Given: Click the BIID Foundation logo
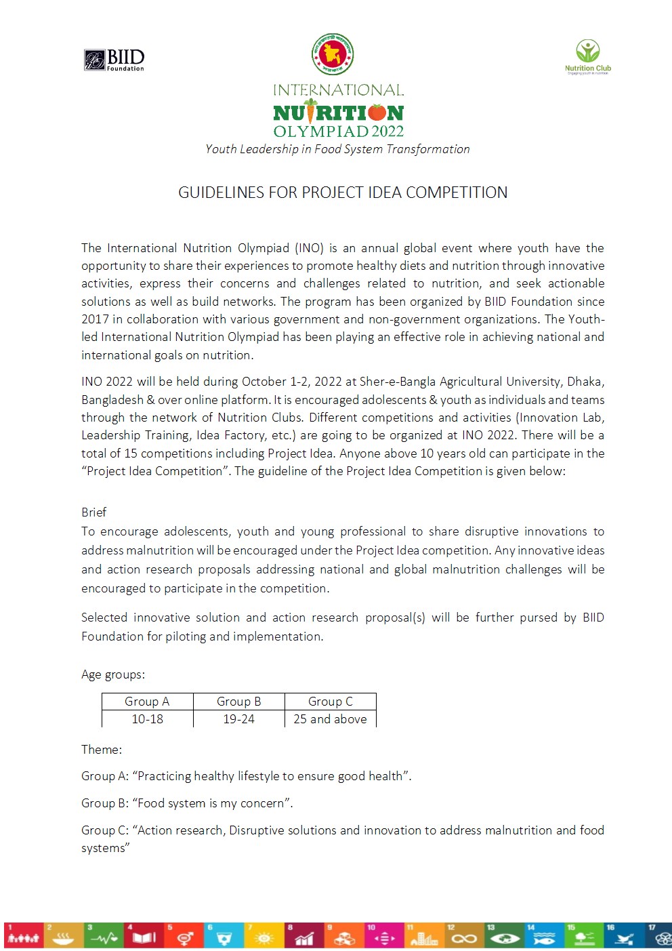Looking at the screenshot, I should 114,60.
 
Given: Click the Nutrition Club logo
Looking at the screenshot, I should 587,56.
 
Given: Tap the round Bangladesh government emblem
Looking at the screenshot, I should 333,54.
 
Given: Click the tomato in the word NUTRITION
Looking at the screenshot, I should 377,112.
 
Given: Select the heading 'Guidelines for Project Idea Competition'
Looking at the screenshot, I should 342,193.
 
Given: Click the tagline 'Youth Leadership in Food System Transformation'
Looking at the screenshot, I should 337,149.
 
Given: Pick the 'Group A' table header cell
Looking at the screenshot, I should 147,702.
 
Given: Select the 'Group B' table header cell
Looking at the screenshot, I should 238,702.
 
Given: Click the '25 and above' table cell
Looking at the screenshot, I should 330,719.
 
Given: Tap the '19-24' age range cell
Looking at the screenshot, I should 238,719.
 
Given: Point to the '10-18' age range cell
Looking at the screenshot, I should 147,719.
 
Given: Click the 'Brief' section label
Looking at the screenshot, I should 93,512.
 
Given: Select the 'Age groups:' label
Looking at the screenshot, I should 112,674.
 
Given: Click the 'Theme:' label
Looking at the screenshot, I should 102,750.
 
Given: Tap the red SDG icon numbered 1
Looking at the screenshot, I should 23,935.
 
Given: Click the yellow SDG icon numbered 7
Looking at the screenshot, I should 264,935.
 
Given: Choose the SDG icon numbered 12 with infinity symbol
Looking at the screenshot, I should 464,935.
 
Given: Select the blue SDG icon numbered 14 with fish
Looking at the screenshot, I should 544,935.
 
